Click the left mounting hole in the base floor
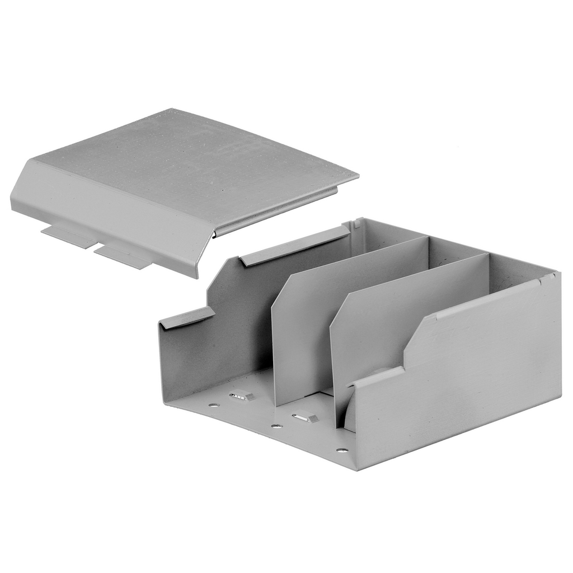[x=213, y=405]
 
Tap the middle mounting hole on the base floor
[x=276, y=426]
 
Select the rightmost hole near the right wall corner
[x=341, y=450]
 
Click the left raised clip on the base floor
[x=242, y=396]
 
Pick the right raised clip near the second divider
[x=306, y=417]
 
